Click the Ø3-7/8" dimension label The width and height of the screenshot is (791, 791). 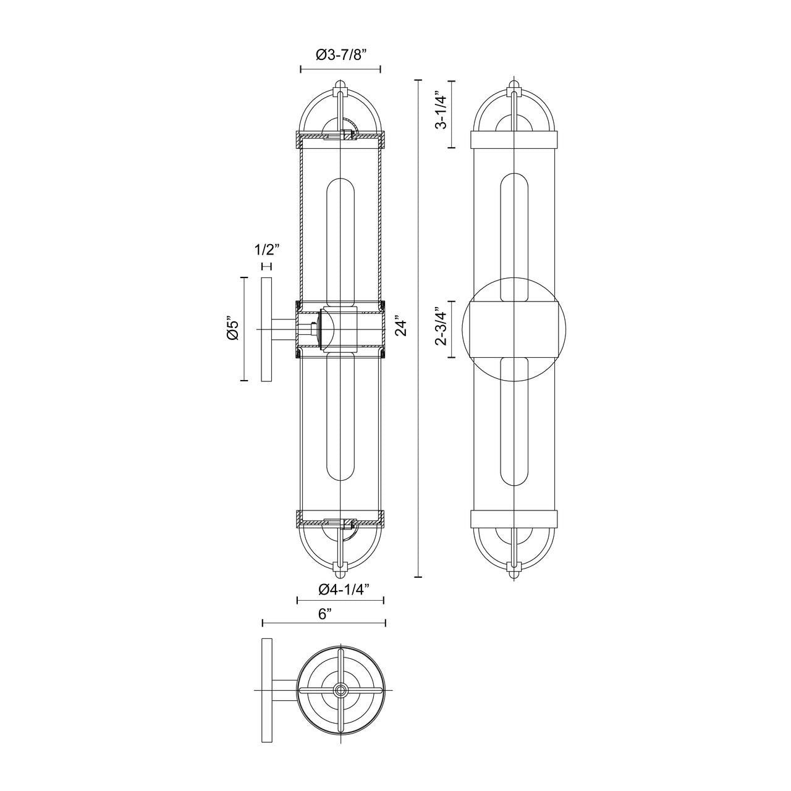click(x=341, y=55)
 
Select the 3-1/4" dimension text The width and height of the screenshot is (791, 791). click(x=439, y=111)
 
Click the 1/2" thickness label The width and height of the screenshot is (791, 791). click(x=267, y=250)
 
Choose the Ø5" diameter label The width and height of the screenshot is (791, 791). click(x=232, y=328)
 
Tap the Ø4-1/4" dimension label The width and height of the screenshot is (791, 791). click(x=344, y=589)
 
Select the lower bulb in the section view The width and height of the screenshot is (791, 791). click(x=341, y=417)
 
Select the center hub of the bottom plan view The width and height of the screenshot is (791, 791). click(x=341, y=690)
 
